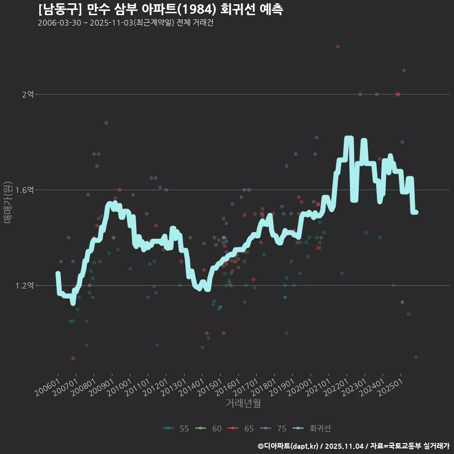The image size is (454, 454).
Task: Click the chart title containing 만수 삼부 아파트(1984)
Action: coord(161,9)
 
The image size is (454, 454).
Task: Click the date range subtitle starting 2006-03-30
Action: coord(126,23)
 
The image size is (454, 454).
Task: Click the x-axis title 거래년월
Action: coord(244,403)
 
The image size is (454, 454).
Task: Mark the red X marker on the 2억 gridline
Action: coord(398,95)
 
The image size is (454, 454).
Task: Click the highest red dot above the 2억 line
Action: coord(338,46)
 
